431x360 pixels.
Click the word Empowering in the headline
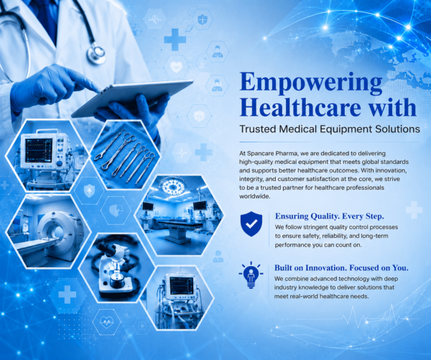[x=311, y=83]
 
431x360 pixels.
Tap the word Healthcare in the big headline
[x=300, y=107]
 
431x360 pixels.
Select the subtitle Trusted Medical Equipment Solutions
[x=330, y=129]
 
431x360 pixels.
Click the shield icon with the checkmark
[x=251, y=224]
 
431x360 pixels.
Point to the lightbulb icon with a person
[x=251, y=274]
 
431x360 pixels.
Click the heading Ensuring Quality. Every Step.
[x=329, y=216]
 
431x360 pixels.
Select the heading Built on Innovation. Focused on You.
[x=341, y=267]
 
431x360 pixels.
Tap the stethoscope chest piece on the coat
[x=96, y=53]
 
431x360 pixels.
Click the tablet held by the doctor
[x=132, y=97]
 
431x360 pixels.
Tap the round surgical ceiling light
[x=173, y=186]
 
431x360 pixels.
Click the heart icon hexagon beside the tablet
[x=176, y=67]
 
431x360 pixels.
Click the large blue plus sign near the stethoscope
[x=175, y=40]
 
